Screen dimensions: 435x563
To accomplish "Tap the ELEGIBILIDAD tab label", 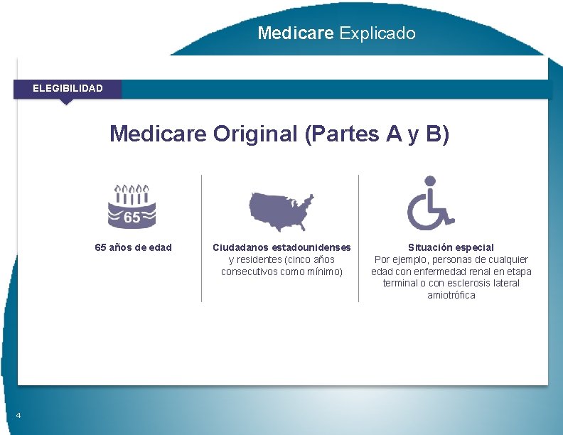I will pos(68,88).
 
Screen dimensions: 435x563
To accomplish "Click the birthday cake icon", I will pos(132,206).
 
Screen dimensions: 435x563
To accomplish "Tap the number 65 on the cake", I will pos(132,217).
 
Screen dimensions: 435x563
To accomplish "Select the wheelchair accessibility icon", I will pos(430,203).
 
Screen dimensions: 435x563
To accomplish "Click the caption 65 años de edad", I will pos(134,247).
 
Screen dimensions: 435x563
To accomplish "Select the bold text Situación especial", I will pos(451,247).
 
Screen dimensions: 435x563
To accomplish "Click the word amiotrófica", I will pos(451,295).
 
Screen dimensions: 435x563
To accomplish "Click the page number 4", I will pos(18,416).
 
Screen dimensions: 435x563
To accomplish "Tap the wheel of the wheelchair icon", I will pos(424,215).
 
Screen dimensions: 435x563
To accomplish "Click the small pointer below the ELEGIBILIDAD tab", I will pos(66,102).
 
